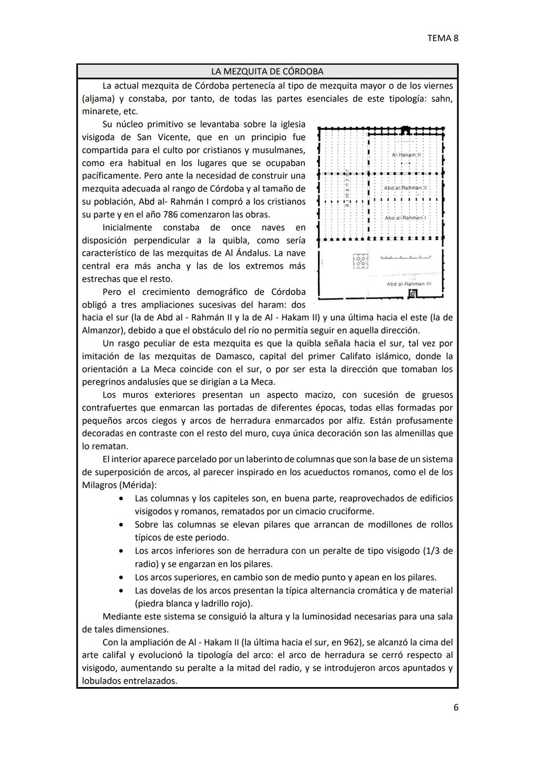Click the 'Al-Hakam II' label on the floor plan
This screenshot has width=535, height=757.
[x=406, y=155]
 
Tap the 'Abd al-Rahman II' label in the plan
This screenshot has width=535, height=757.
[x=405, y=188]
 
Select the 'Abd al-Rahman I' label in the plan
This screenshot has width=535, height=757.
[x=405, y=218]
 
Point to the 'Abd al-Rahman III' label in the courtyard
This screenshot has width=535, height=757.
[x=409, y=284]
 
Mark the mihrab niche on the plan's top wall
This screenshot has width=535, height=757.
[x=406, y=130]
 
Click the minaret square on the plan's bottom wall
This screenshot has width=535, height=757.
[x=412, y=294]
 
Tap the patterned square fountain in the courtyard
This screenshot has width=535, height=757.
[x=360, y=261]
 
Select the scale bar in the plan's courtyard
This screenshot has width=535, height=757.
[x=406, y=257]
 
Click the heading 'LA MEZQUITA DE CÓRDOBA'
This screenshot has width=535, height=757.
[x=267, y=71]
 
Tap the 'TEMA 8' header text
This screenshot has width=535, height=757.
[x=442, y=38]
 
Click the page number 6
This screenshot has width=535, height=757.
[x=456, y=707]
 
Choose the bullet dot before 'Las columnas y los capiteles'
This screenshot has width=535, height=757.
[x=121, y=498]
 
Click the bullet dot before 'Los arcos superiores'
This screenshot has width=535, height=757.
[x=121, y=578]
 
